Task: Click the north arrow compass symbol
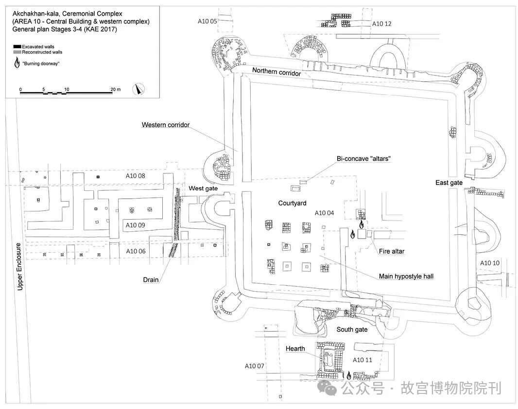click(x=140, y=90)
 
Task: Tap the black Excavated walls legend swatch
click(x=17, y=46)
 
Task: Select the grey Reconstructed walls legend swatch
click(x=17, y=52)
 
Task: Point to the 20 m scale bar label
click(x=115, y=90)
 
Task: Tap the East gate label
click(x=449, y=183)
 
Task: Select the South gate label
click(x=352, y=330)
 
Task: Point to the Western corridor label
click(x=165, y=125)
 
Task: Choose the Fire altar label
click(x=392, y=251)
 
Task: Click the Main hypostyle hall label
click(x=406, y=277)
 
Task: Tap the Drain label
click(x=151, y=280)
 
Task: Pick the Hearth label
click(x=295, y=349)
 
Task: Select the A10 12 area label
click(x=381, y=24)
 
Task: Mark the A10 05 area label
click(x=207, y=21)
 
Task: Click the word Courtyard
click(x=292, y=203)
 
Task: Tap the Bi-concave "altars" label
click(x=364, y=159)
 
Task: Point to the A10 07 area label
click(x=254, y=366)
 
